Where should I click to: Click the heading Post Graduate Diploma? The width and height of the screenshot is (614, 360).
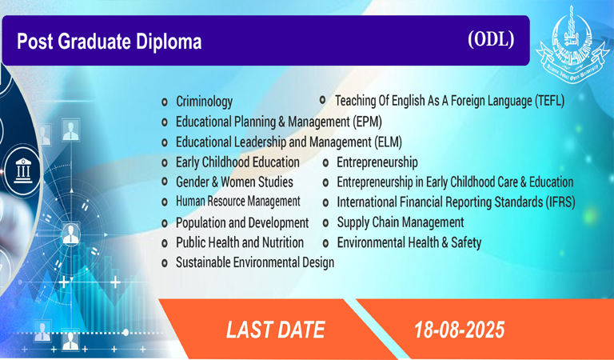(110, 42)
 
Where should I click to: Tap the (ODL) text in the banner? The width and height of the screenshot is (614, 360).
(491, 39)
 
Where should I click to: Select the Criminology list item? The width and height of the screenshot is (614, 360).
(204, 102)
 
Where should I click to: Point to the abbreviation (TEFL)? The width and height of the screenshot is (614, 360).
(549, 101)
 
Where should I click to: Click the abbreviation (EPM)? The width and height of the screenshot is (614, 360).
(367, 122)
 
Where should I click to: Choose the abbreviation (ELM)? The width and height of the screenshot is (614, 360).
(388, 142)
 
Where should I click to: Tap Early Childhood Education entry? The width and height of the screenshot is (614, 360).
(237, 162)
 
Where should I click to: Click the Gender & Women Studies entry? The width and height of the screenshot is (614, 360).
(234, 182)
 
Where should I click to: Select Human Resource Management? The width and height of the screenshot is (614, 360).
(238, 202)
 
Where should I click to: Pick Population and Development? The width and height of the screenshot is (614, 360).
(242, 222)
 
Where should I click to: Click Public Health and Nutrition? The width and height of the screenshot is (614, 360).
(240, 242)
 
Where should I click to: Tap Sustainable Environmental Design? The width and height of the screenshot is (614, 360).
(255, 262)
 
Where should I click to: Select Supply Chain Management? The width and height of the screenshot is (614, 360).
(401, 222)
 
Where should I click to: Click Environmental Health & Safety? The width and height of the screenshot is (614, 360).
(409, 242)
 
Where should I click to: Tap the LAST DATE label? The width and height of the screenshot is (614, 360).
(276, 330)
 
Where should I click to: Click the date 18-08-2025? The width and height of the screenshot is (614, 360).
(460, 330)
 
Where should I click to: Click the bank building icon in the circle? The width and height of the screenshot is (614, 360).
(22, 170)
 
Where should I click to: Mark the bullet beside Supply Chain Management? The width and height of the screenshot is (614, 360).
(325, 223)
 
